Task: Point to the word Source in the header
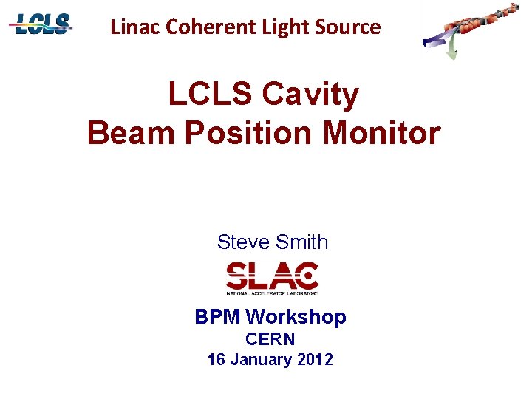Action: click(347, 27)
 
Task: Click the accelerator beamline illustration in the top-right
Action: click(469, 30)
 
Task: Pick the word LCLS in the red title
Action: click(208, 95)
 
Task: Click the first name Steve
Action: click(242, 242)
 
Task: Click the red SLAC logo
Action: click(272, 278)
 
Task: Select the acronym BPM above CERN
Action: click(218, 317)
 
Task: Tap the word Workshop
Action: click(296, 317)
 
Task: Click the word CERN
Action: click(270, 339)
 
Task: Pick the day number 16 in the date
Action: click(216, 360)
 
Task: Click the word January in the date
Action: click(260, 360)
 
